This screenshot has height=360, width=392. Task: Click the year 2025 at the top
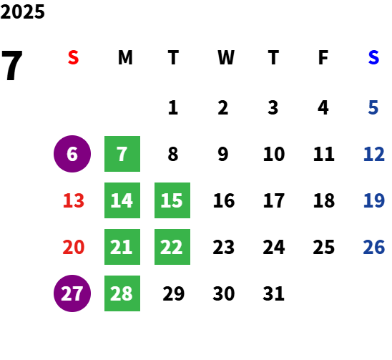(x=22, y=11)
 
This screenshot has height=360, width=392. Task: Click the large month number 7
(x=12, y=65)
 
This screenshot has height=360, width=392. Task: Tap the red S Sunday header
(x=73, y=57)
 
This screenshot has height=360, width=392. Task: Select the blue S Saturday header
(x=373, y=57)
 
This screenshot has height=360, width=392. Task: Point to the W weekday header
(x=226, y=57)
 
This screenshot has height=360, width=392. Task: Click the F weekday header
(x=323, y=57)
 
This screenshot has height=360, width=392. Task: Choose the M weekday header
(x=125, y=57)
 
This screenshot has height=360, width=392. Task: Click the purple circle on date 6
(x=72, y=154)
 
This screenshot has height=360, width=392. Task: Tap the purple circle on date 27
(x=72, y=293)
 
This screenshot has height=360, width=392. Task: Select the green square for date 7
(x=122, y=154)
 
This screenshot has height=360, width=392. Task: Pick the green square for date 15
(x=172, y=200)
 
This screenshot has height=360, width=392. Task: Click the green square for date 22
(x=172, y=247)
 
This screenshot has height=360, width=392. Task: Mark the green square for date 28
(x=122, y=293)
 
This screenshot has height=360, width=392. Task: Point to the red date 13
(x=74, y=200)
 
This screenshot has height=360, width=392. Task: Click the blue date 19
(x=373, y=200)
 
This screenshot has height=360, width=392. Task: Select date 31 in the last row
(x=273, y=293)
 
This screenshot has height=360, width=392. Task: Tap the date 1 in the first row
(x=173, y=107)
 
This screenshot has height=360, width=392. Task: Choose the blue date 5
(x=373, y=107)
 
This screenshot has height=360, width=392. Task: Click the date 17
(x=274, y=200)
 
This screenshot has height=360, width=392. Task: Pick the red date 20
(x=74, y=247)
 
